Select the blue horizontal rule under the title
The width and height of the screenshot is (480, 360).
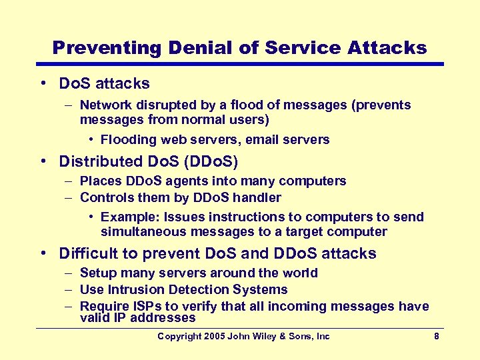(x=240, y=65)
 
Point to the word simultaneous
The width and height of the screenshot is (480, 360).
(x=143, y=232)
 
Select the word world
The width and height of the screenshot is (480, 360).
(x=300, y=273)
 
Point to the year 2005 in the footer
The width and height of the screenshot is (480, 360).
(x=213, y=337)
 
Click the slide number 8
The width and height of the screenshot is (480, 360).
(x=437, y=337)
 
